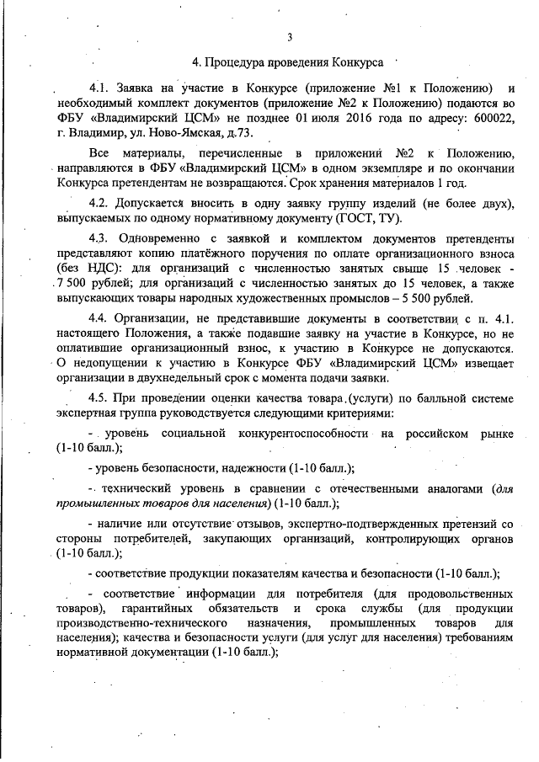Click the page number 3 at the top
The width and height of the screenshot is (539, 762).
pos(289,36)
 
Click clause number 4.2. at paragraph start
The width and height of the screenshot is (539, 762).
pos(101,205)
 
